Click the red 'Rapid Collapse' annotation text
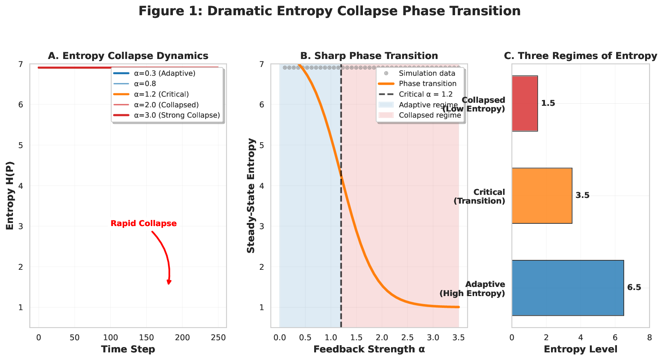tap(144, 224)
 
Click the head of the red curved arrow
tap(169, 282)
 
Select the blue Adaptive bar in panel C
tap(567, 288)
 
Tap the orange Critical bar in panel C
tap(542, 196)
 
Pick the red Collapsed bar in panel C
tap(524, 104)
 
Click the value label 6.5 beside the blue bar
tap(634, 288)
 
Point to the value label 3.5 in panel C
tap(582, 196)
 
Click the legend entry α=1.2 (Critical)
tap(161, 94)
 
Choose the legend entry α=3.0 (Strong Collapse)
tap(177, 115)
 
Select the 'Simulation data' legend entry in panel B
tap(427, 73)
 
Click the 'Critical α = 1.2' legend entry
tap(426, 94)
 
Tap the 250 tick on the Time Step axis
tap(218, 338)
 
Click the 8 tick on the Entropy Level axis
tap(649, 338)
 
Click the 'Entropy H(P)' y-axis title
tap(10, 195)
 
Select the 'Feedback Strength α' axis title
tap(369, 349)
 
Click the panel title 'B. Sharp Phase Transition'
tap(369, 56)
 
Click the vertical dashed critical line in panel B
tap(341, 247)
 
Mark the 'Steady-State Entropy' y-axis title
tap(251, 195)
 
